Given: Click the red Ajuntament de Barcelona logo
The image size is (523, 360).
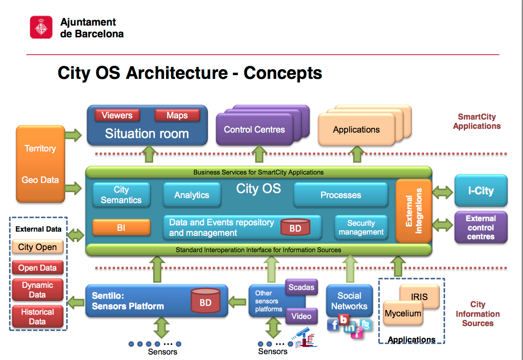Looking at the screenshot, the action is (41, 27).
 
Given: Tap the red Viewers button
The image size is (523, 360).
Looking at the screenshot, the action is (117, 115).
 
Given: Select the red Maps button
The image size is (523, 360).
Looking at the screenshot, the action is (177, 115).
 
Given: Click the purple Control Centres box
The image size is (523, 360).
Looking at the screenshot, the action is (254, 129).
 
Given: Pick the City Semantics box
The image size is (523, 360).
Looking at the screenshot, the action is (121, 195).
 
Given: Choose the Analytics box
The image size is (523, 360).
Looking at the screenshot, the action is (192, 195).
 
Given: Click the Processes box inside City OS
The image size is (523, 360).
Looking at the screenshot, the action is (341, 195).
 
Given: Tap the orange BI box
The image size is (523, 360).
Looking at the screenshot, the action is (121, 227).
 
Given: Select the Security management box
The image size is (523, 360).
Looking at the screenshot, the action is (361, 227).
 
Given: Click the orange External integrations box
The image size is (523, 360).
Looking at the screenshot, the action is (414, 211).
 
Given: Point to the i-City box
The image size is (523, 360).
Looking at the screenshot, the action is (481, 190).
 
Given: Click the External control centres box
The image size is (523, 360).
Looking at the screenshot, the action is (481, 227).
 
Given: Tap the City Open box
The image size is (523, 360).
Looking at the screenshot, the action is (38, 247).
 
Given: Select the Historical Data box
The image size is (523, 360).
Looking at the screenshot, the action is (38, 317).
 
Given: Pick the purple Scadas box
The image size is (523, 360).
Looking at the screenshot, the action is (301, 287).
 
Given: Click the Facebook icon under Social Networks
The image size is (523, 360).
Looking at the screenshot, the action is (333, 324).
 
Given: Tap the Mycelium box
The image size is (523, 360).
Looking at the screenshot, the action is (403, 313).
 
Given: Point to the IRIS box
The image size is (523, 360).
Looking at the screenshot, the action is (419, 297).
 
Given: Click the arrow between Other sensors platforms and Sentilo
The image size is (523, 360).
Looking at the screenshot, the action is (237, 302).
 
